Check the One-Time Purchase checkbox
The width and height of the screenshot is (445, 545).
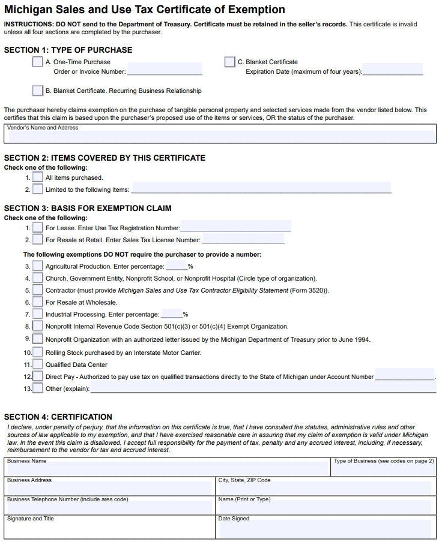37,62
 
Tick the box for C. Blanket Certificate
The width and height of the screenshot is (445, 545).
229,62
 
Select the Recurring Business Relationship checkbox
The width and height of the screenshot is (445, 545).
37,91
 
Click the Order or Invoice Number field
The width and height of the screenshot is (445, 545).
165,71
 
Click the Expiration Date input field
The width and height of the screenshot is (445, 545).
393,71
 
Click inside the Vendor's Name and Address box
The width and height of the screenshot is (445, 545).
220,137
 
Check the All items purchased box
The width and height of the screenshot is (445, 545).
37,177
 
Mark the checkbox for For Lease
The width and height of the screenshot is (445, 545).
37,228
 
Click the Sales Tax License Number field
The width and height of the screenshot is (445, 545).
243,239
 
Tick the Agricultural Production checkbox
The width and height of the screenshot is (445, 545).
37,266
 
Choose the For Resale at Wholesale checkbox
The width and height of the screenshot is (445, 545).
37,302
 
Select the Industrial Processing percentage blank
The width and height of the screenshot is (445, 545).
172,314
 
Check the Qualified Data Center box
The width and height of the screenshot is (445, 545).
37,364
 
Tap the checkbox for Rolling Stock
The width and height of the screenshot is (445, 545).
37,352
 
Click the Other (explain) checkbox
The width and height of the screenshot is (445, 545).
37,388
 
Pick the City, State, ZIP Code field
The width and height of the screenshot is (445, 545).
324,489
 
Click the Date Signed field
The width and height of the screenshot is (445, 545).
324,528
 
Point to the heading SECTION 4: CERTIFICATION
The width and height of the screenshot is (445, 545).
58,417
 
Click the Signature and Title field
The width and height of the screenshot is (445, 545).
110,528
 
